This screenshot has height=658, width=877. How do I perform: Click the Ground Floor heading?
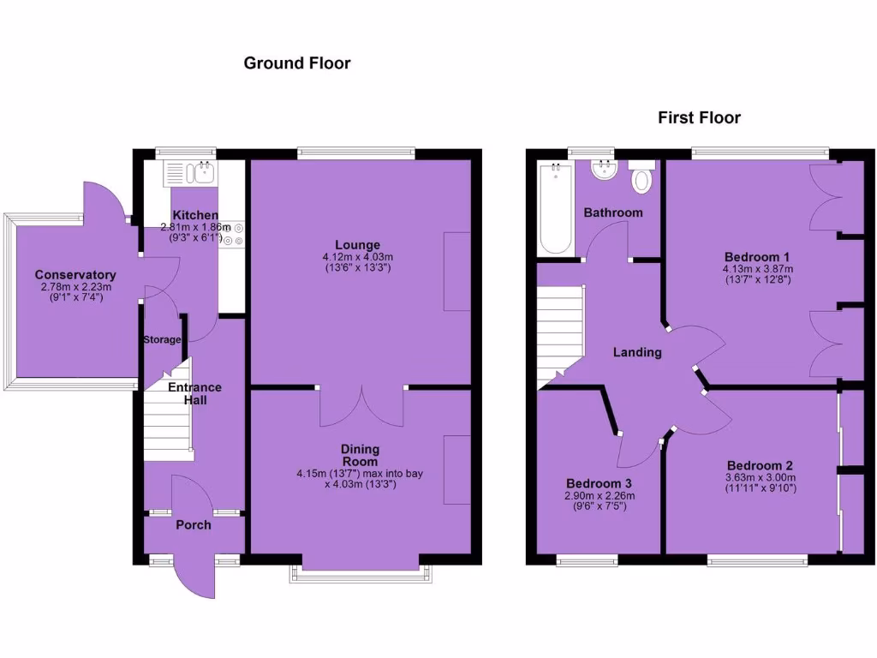coord(297,63)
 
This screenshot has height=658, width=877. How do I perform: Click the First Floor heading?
coord(699,117)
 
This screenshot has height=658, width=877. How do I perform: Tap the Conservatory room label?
coord(75,275)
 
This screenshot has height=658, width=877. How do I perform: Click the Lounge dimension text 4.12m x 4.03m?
coord(357,257)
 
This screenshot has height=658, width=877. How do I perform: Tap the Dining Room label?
coord(360,455)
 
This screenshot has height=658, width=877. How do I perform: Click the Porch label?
coord(193,524)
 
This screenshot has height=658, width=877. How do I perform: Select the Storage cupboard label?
coord(162,339)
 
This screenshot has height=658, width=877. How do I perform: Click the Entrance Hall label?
coord(194,394)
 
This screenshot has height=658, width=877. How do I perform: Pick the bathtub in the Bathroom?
coord(557,208)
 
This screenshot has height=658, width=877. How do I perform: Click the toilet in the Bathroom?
coord(641,180)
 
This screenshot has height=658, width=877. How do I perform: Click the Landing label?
coord(637,352)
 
